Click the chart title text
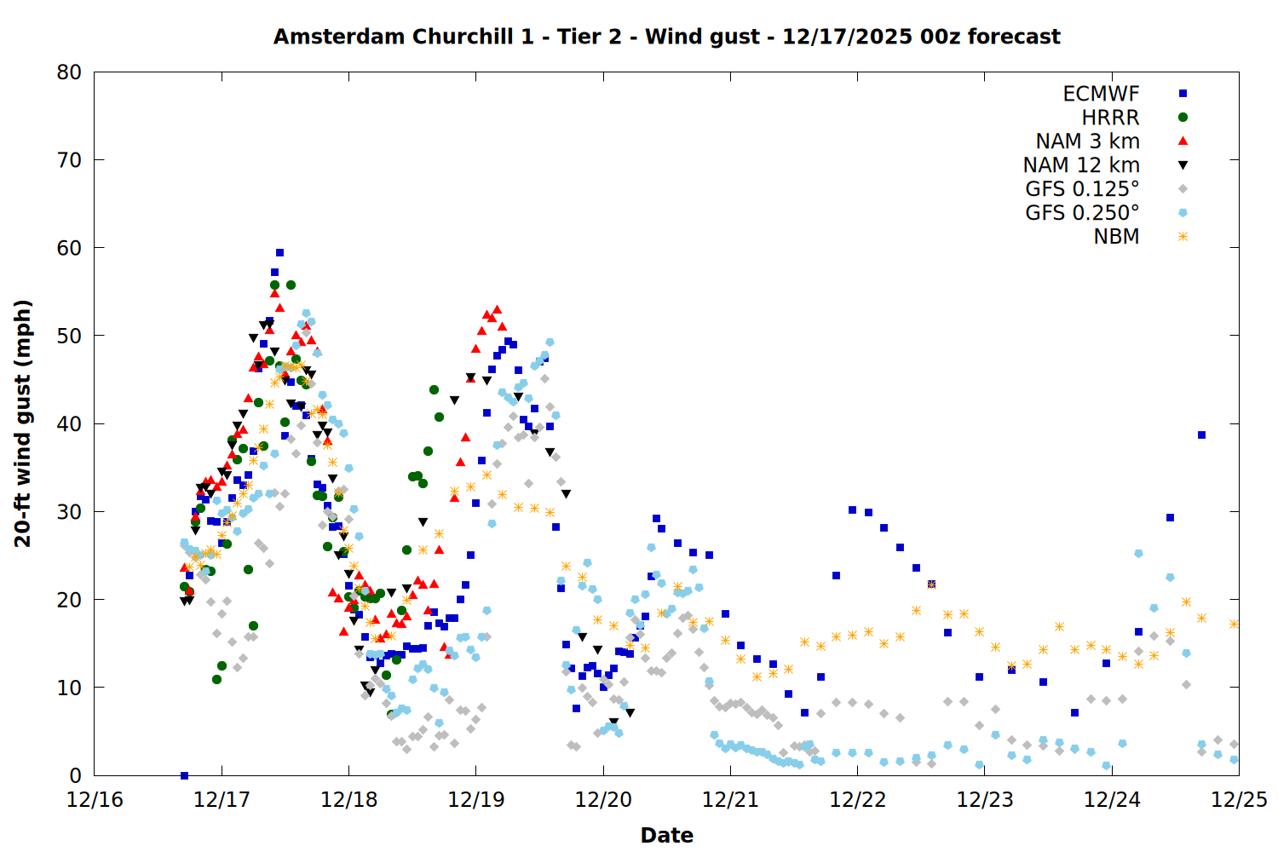coord(666,37)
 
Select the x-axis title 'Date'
coord(666,835)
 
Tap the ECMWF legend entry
coord(1101,94)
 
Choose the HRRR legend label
coord(1110,118)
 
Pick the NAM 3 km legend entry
coord(1087,141)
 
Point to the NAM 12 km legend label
coord(1081,165)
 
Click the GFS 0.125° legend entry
coord(1082,189)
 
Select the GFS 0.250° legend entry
coord(1082,213)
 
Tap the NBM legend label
coord(1116,237)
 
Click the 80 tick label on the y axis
coord(69,72)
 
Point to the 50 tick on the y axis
coord(69,336)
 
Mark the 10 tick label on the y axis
coord(69,688)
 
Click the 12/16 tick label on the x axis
coord(95,800)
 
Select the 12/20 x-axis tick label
coord(603,800)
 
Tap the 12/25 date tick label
coord(1239,800)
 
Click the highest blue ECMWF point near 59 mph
coord(279,252)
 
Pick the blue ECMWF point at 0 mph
coord(184,775)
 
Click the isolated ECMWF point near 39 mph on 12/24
coord(1201,435)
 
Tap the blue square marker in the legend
coord(1183,94)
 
